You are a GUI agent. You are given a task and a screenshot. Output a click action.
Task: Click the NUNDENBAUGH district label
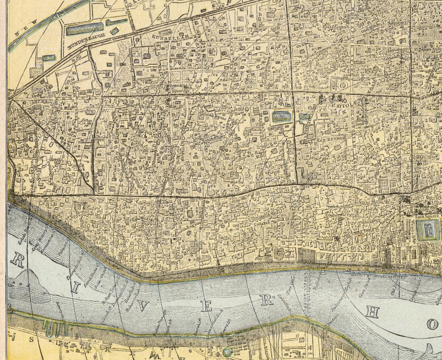coord(85,42)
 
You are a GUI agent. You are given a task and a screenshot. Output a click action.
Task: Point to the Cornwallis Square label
coord(177,88)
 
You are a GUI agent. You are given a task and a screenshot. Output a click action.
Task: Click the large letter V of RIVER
coord(142,307)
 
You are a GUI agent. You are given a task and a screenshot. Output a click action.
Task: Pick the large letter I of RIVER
coord(75,288)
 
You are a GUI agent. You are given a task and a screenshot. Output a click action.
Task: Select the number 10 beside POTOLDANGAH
coord(344,101)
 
